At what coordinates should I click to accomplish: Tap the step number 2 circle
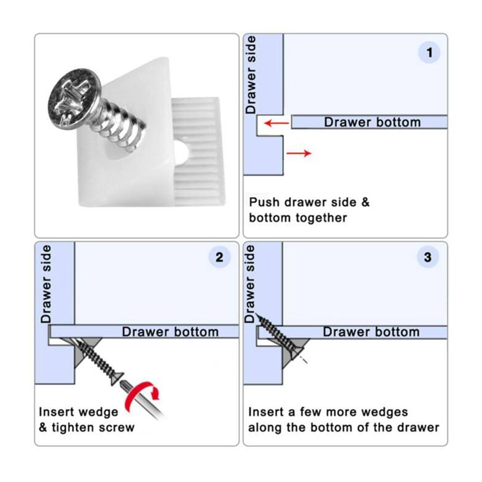click(220, 257)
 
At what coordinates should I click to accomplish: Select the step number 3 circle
click(428, 257)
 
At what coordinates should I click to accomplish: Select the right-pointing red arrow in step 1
click(299, 153)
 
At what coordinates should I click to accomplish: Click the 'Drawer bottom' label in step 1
click(372, 122)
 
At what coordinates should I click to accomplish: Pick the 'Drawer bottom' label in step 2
click(170, 332)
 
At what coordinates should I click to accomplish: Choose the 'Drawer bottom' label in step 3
click(371, 332)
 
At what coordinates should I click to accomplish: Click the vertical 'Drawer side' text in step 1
click(251, 75)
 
